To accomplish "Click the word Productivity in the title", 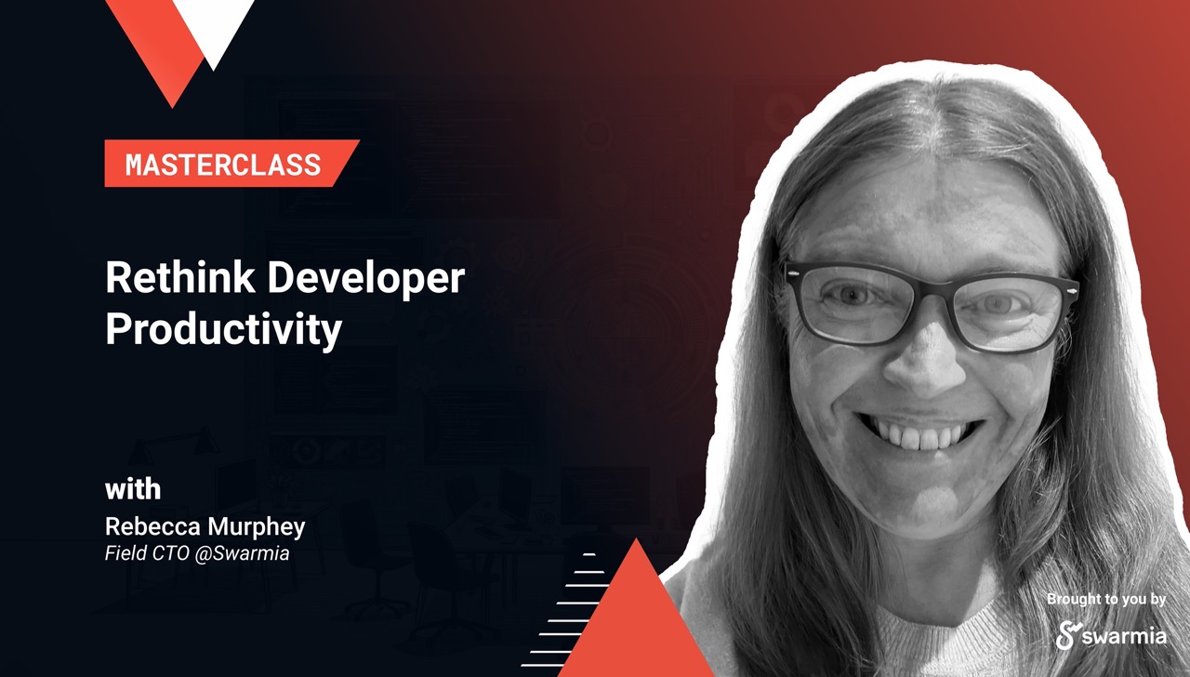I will (x=223, y=329).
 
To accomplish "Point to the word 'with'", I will (x=133, y=489).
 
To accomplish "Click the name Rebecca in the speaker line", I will (x=148, y=526).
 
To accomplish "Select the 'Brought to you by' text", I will (x=1106, y=600).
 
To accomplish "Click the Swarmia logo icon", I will (x=1066, y=635).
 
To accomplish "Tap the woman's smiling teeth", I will (x=920, y=433).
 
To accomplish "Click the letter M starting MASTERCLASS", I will (x=135, y=165).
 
